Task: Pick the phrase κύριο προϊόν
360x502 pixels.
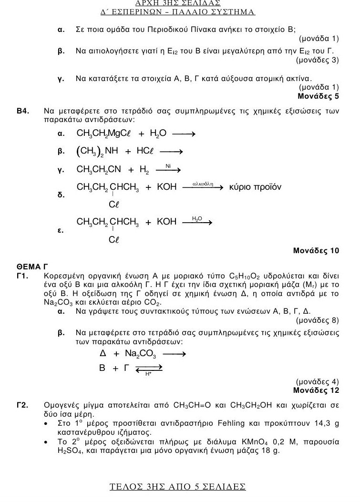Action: tap(255, 187)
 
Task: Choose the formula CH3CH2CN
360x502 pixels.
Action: tap(99, 169)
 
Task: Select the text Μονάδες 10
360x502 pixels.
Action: tap(316, 250)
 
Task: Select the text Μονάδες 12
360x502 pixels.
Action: tap(316, 390)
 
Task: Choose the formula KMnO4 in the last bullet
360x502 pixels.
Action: tap(278, 441)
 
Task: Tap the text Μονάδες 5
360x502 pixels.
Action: tap(318, 96)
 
